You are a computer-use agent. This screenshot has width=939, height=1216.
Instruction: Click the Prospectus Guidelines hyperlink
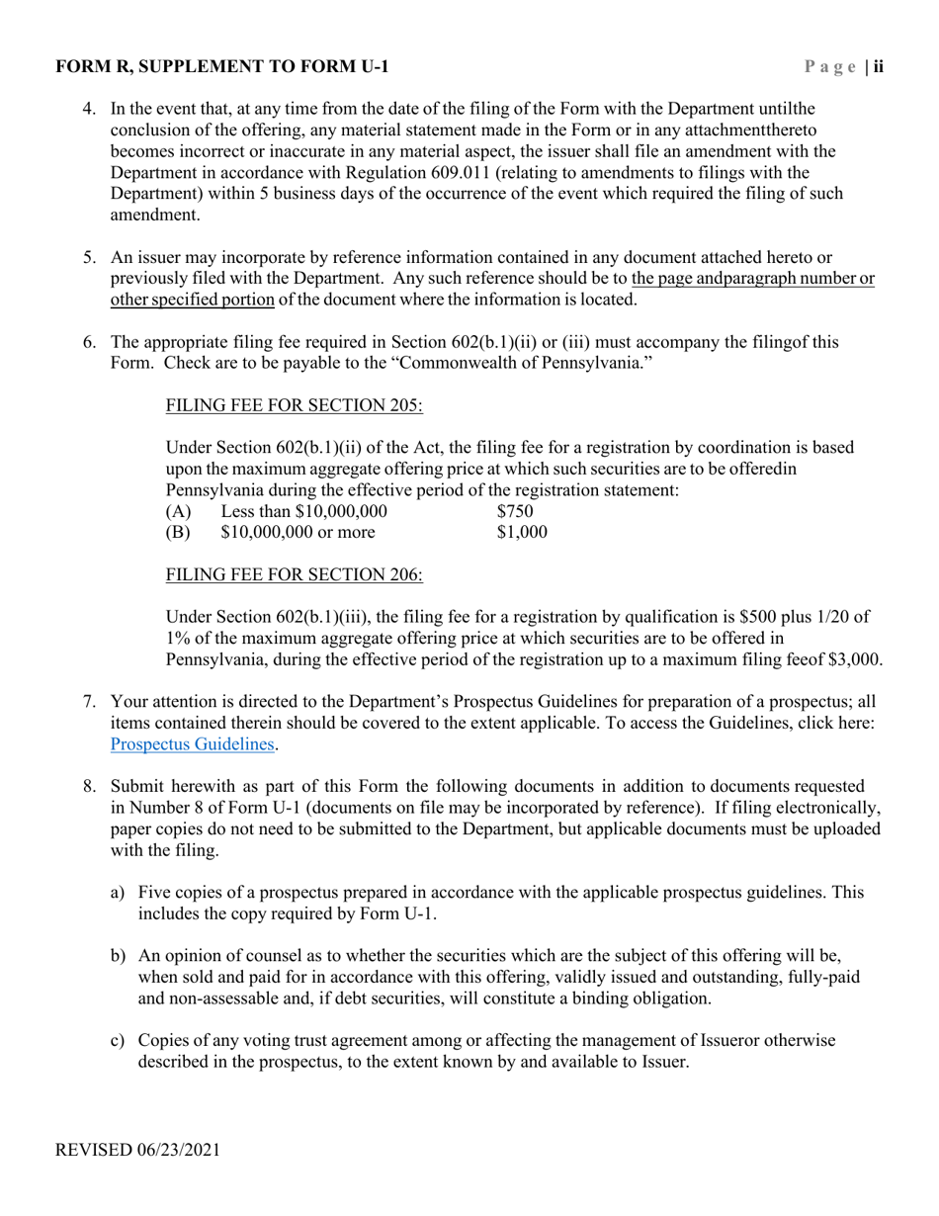[192, 744]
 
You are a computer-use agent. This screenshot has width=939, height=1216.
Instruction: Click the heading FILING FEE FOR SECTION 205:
[294, 405]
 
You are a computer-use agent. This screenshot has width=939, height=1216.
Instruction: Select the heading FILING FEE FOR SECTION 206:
[294, 575]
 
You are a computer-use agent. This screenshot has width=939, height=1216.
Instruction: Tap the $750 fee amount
[515, 511]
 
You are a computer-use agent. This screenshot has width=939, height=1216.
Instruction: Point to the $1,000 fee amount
[522, 533]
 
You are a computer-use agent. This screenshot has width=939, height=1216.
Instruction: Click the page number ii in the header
[878, 67]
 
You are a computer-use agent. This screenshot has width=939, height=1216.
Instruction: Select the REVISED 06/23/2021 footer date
[137, 1150]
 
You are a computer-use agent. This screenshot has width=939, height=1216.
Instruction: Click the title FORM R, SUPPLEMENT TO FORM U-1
[222, 67]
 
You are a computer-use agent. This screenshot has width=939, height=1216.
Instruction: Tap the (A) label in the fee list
[178, 511]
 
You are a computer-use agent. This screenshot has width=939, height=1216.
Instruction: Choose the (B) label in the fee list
[178, 533]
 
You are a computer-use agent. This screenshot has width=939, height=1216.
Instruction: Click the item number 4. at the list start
[89, 109]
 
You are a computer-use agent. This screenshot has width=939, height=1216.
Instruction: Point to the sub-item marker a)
[118, 893]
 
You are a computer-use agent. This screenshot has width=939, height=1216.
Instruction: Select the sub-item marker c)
[118, 1041]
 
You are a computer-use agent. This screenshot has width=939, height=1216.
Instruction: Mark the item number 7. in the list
[89, 703]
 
